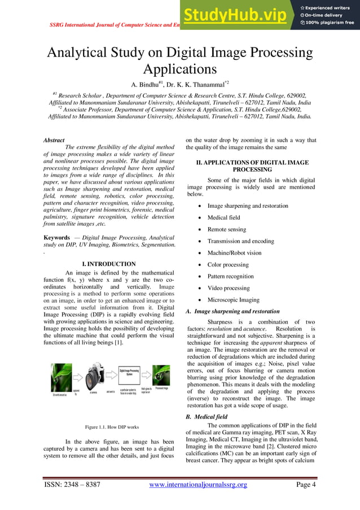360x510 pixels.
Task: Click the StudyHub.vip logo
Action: (x=238, y=15)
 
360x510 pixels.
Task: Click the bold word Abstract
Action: (x=54, y=140)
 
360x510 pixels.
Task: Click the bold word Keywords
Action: (x=57, y=238)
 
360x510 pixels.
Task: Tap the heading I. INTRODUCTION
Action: (x=109, y=264)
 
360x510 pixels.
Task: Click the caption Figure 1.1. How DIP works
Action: (x=108, y=426)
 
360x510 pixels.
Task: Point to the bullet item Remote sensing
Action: (x=227, y=229)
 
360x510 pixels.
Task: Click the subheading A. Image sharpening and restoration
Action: (x=233, y=311)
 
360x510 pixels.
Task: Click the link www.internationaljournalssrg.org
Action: (x=197, y=485)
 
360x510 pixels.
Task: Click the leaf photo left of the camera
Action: (x=61, y=374)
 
